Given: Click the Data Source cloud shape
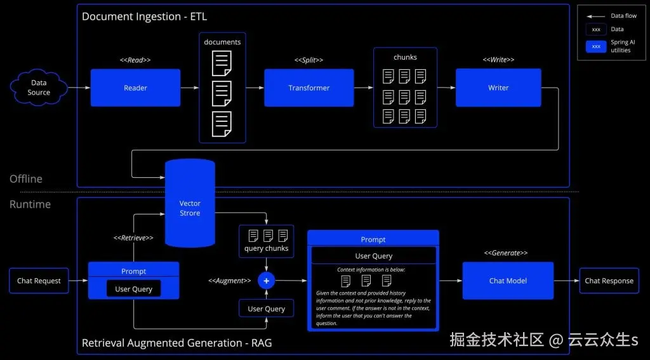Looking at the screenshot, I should tap(39, 88).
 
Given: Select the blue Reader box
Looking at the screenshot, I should tap(135, 88).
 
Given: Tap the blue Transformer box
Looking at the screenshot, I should tap(308, 88).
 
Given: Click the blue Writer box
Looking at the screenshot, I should tap(498, 88).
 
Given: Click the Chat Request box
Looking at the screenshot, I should tap(39, 281).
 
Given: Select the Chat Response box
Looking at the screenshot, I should tap(609, 281).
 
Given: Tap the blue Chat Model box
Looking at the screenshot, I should tap(508, 281).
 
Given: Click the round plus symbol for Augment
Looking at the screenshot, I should tap(266, 281).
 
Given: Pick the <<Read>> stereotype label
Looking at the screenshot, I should tap(135, 60).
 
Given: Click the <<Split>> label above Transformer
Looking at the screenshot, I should tap(308, 60).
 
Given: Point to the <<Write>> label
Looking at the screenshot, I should tap(498, 60).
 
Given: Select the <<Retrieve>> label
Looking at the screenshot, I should tap(133, 237).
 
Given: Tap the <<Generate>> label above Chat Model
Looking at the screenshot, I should tap(506, 253).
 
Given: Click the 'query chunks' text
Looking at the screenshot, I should tap(266, 248).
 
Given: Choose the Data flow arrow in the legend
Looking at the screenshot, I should tap(595, 16).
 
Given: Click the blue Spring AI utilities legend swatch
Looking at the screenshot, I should tap(595, 46).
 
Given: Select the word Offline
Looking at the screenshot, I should tap(26, 179).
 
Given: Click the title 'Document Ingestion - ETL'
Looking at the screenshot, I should tap(144, 17).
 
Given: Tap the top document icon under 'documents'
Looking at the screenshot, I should tap(222, 63).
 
